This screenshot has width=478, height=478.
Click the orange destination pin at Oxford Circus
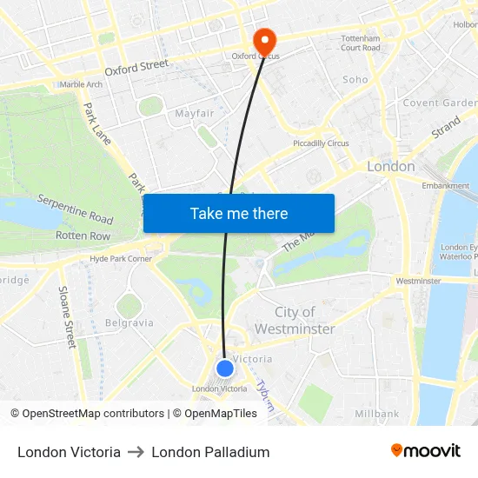tap(263, 40)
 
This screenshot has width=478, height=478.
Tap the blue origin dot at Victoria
tap(225, 368)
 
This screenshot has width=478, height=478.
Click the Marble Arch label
tap(81, 84)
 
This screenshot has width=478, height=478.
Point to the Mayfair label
tap(195, 114)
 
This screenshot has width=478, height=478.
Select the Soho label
tap(355, 80)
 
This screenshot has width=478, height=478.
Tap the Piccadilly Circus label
tap(321, 143)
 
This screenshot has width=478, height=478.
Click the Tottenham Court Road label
tap(361, 43)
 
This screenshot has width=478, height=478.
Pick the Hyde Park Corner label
tap(121, 259)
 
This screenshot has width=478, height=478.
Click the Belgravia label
tap(129, 322)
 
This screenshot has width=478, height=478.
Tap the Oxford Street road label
tap(136, 66)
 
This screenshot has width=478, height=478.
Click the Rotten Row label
tap(83, 236)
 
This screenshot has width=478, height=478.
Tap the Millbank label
tap(376, 414)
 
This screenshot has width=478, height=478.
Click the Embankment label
tap(445, 186)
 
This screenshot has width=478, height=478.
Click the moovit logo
tap(426, 451)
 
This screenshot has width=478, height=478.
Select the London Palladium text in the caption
tap(210, 452)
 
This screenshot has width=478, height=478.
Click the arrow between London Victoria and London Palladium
tap(136, 452)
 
